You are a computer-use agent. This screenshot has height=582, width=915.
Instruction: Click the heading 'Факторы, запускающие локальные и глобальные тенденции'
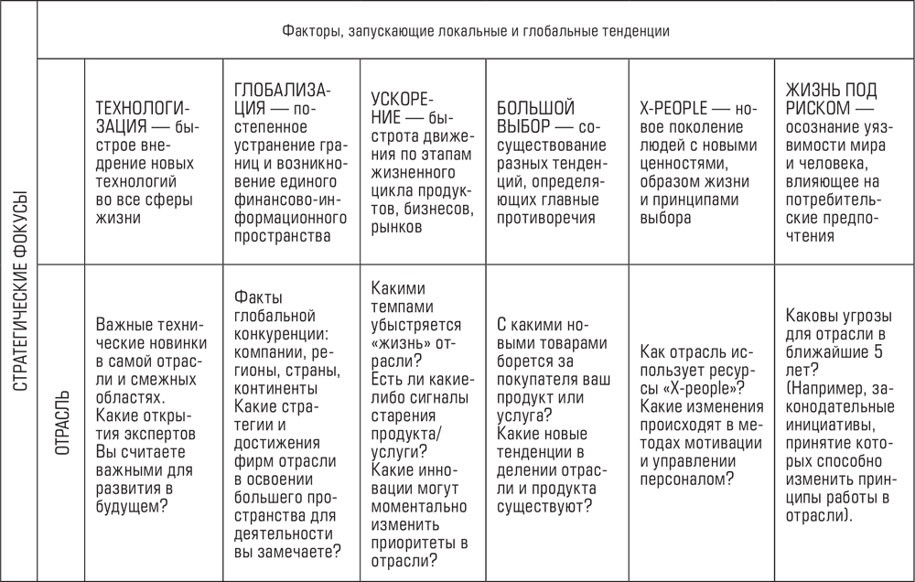[x=475, y=31]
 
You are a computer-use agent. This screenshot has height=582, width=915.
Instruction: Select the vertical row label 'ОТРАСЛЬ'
[x=61, y=423]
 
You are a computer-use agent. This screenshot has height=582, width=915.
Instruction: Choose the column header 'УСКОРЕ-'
[x=403, y=98]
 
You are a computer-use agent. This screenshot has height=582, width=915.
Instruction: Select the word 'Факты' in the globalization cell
[x=258, y=297]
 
